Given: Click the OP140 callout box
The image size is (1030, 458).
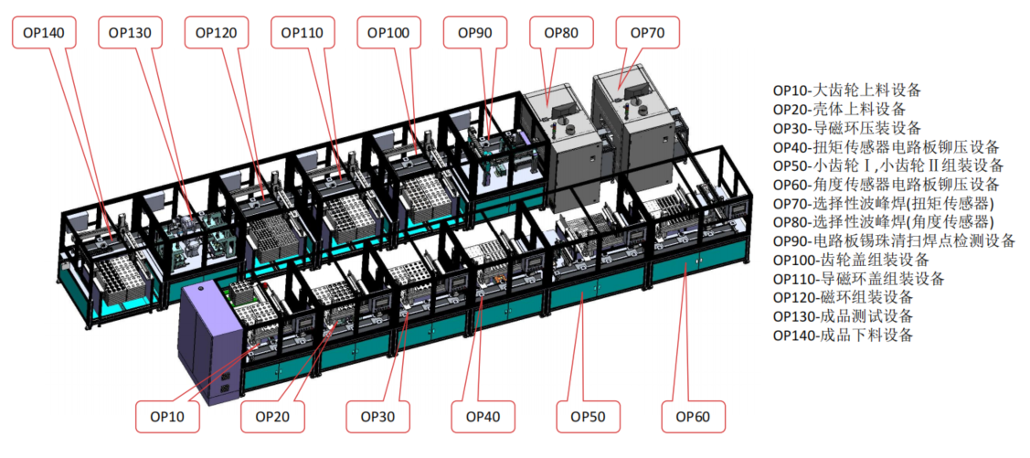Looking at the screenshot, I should (x=42, y=33).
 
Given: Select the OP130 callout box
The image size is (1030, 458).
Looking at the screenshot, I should (x=130, y=33).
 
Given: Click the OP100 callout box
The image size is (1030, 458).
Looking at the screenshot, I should (x=388, y=33).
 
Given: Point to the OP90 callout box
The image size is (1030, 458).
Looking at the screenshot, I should (x=474, y=33).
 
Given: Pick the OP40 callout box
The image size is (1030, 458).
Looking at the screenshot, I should (x=483, y=417).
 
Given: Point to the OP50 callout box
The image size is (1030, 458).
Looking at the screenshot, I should (x=589, y=417).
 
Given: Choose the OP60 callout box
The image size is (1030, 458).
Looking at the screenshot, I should (x=694, y=417).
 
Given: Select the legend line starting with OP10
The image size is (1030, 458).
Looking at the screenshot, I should (x=846, y=91).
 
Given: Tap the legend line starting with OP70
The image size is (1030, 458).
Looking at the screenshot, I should (x=884, y=203).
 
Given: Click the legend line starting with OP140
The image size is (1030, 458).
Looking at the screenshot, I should (x=843, y=335).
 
